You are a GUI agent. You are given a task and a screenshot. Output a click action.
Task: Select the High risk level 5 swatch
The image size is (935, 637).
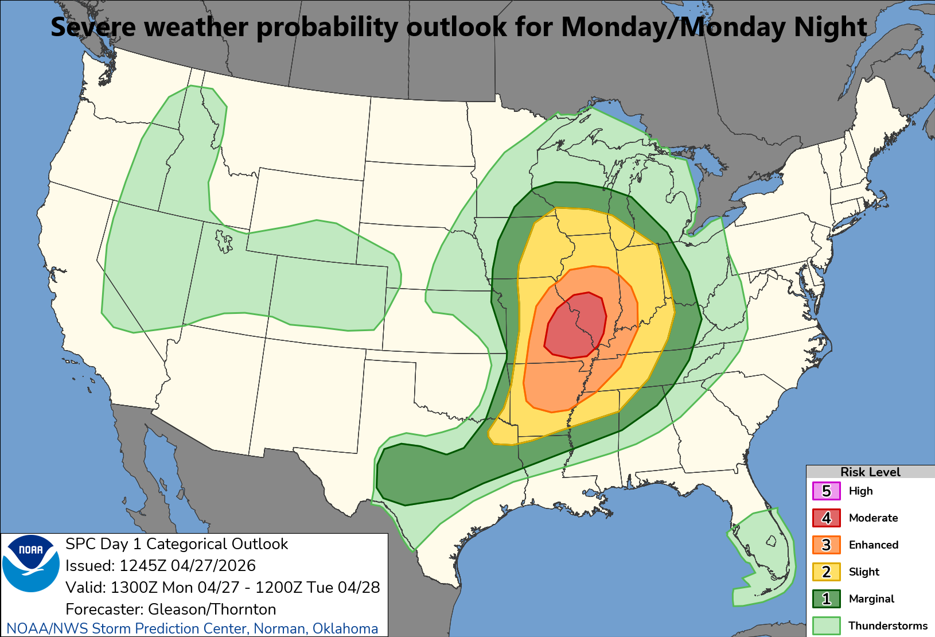(826, 491)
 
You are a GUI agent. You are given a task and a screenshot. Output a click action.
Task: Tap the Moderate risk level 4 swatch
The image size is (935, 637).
(826, 518)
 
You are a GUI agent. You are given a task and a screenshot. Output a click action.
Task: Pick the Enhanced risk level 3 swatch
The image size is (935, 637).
(826, 545)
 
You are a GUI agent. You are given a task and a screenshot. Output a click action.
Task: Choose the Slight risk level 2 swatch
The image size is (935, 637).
(826, 572)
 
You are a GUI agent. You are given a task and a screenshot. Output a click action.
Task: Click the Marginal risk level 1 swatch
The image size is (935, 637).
(826, 599)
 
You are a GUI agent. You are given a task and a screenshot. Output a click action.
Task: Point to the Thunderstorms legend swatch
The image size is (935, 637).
(826, 625)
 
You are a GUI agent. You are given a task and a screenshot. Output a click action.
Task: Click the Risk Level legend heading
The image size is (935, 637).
(870, 472)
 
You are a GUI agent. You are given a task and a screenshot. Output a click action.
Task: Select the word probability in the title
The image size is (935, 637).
(327, 28)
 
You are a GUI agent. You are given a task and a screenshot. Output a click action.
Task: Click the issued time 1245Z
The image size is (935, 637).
(143, 566)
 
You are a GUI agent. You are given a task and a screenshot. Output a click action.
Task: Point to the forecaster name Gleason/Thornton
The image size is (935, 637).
(212, 609)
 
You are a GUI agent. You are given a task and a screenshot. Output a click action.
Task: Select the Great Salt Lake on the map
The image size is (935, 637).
(224, 241)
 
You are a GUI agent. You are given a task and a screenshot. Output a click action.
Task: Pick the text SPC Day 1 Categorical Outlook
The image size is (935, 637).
(177, 544)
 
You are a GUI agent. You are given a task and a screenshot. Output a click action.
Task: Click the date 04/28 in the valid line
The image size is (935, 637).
(360, 588)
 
